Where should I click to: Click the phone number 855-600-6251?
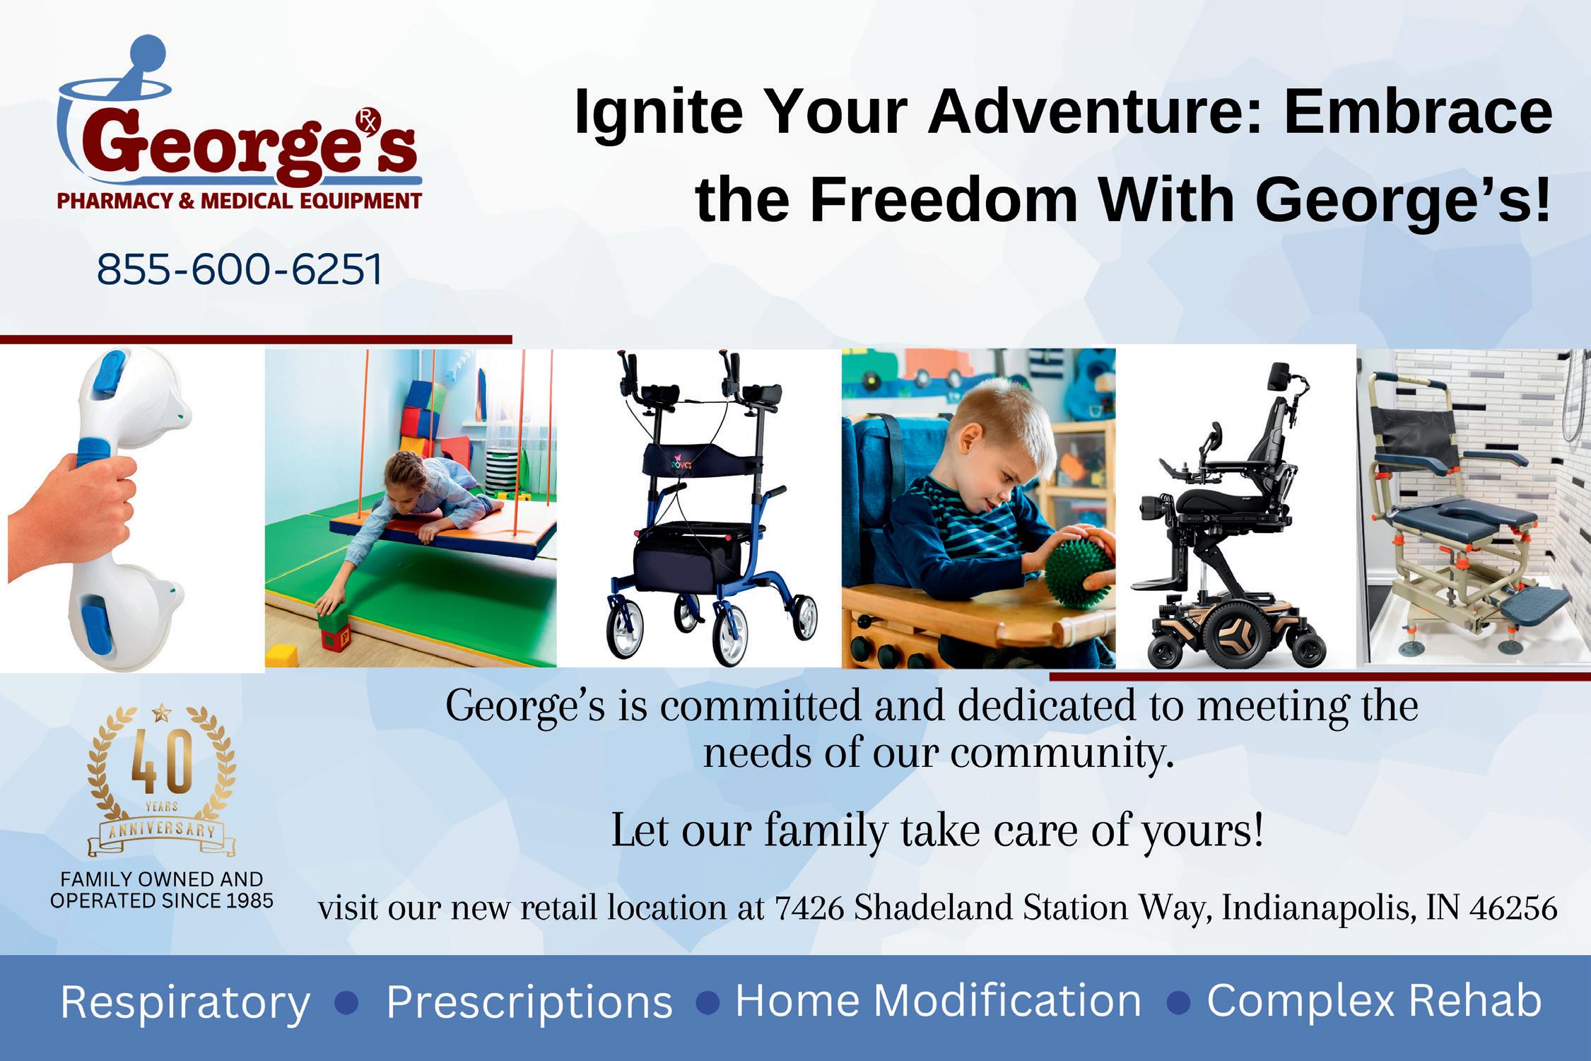[x=240, y=269]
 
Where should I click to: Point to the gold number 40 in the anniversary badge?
[x=162, y=763]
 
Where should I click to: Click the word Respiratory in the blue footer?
[x=185, y=1002]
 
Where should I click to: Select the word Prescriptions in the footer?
[x=529, y=1002]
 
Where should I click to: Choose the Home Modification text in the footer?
[x=939, y=1000]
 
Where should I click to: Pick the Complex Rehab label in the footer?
[x=1374, y=1002]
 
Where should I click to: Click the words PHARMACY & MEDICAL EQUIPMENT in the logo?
[x=239, y=201]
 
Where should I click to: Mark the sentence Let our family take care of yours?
[x=937, y=831]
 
